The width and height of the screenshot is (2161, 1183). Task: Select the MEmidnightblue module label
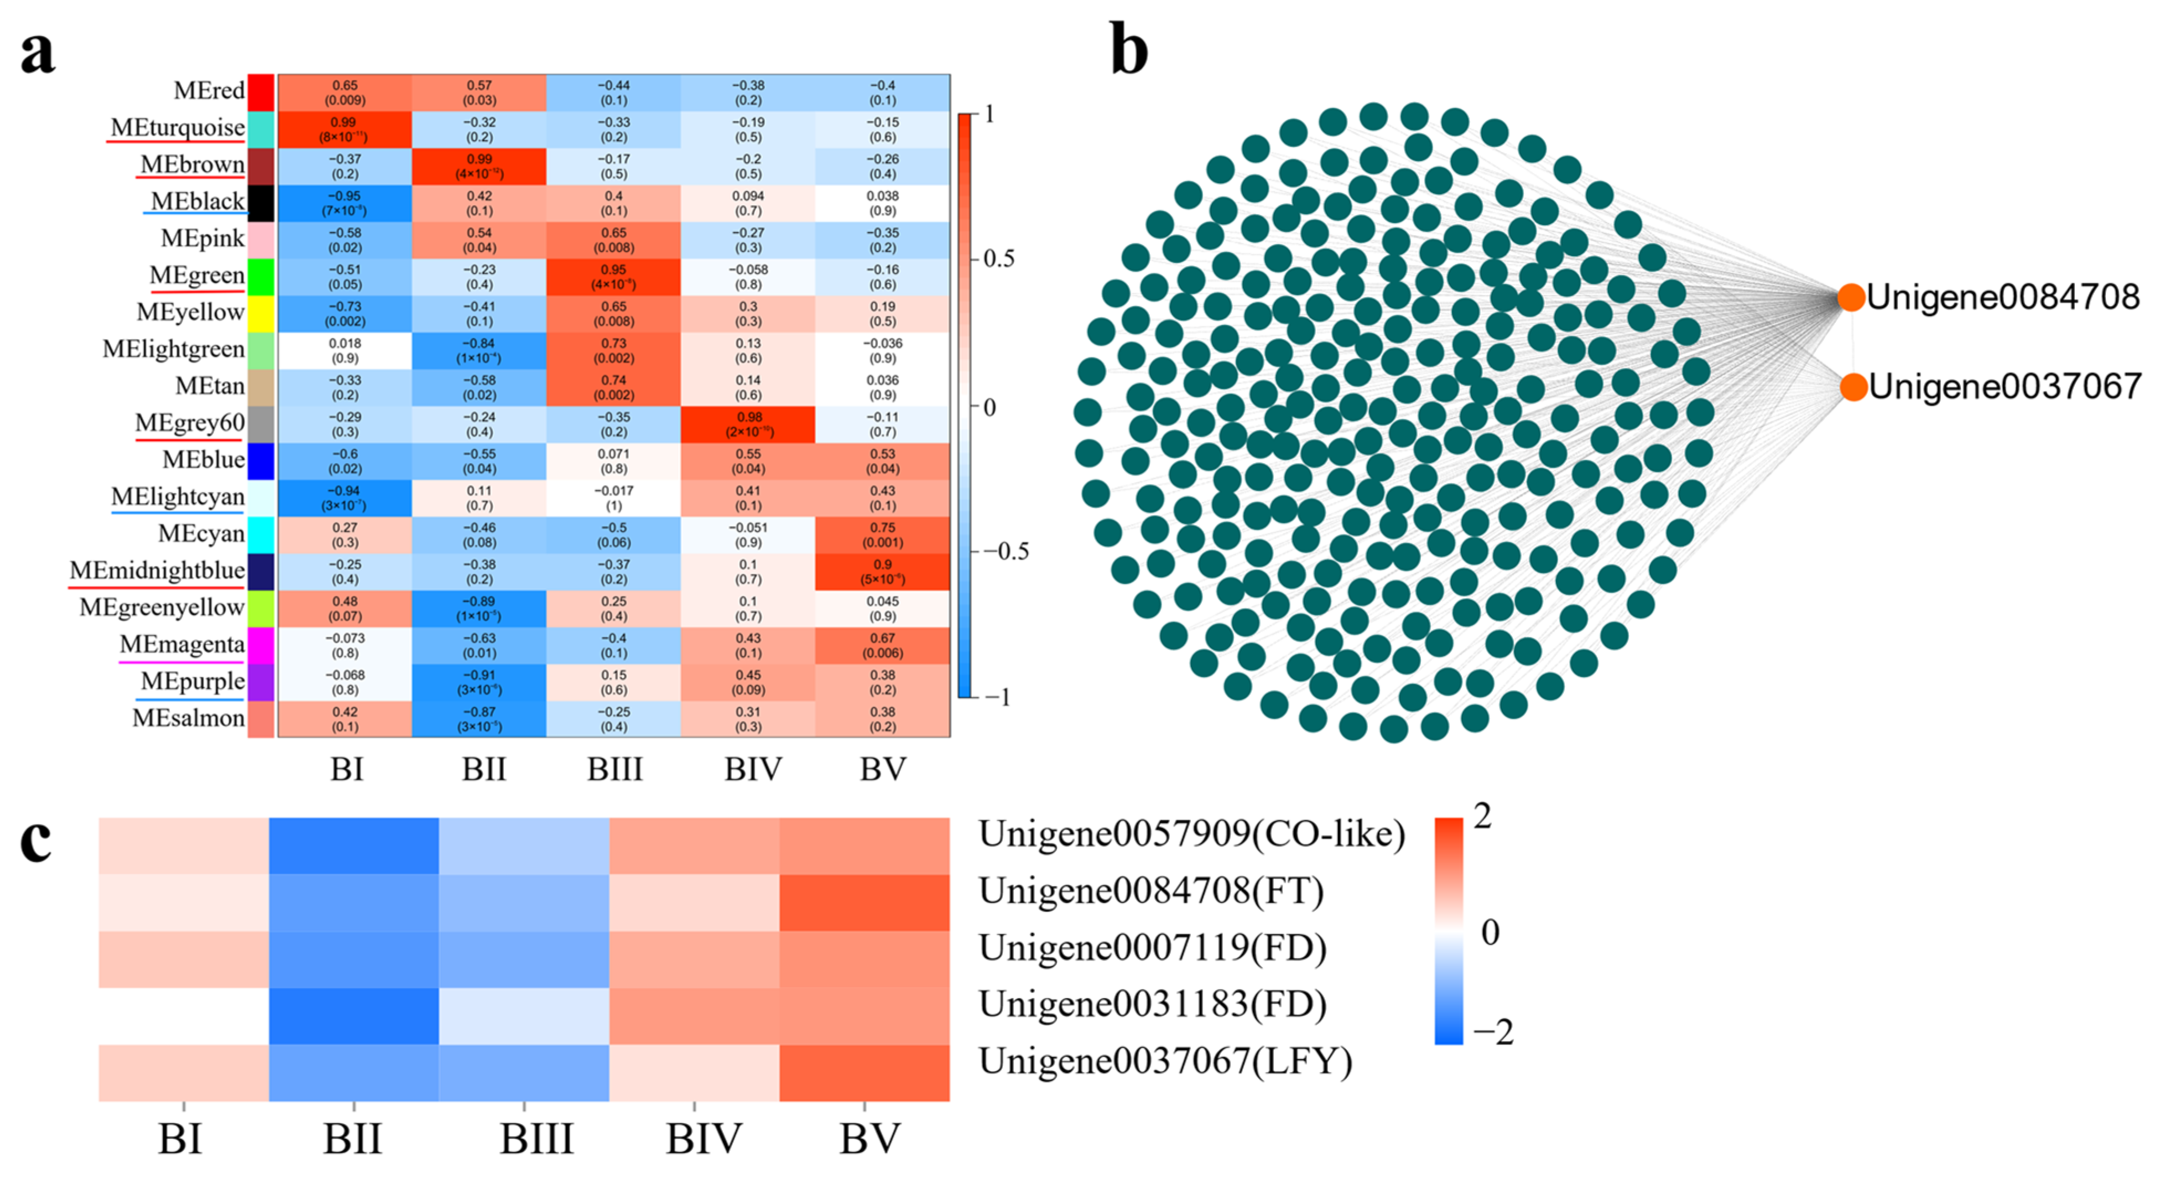(157, 570)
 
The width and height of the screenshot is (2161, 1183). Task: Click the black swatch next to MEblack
(261, 202)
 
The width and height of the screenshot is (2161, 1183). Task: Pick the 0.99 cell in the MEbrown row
(479, 166)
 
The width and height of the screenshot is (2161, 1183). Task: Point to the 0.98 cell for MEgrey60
(747, 424)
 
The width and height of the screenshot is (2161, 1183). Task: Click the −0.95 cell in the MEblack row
(345, 203)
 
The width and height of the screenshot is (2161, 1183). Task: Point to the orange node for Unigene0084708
(1851, 297)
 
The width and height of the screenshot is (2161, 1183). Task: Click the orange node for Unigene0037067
(1853, 387)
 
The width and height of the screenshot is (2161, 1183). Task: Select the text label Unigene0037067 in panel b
(2005, 387)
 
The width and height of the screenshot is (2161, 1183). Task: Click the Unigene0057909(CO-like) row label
(1191, 834)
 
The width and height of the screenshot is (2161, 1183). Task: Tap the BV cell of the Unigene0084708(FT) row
(864, 903)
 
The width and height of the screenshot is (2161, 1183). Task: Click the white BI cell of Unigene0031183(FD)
(184, 1016)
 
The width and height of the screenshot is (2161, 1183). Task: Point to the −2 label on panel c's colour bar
(1493, 1032)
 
